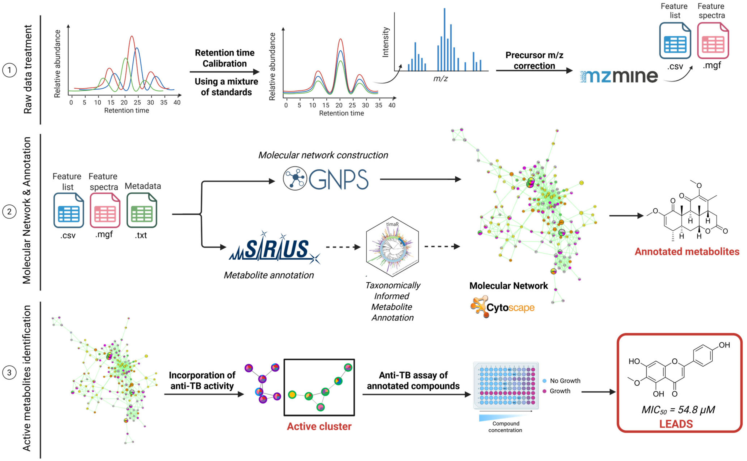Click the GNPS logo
tap(326, 179)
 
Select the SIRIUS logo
tap(275, 248)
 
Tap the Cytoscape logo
tap(502, 307)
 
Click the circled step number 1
tap(9, 71)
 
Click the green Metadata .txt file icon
tap(142, 210)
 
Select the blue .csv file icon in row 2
tap(69, 210)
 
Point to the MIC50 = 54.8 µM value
tap(678, 410)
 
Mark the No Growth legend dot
tap(545, 381)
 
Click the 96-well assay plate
tap(506, 385)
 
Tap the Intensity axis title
tap(386, 42)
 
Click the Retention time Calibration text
tap(225, 58)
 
